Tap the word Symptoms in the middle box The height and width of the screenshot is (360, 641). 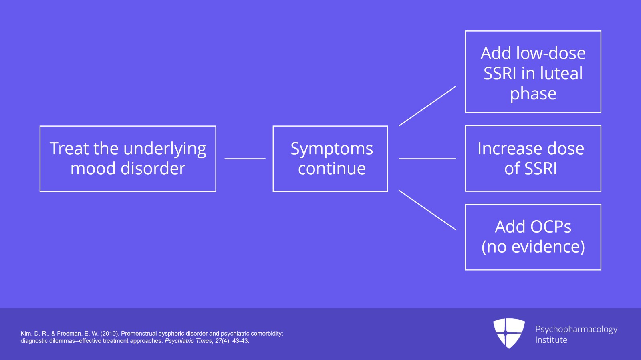(x=332, y=149)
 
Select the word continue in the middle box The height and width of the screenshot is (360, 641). (x=332, y=169)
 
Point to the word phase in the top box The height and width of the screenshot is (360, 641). (x=533, y=94)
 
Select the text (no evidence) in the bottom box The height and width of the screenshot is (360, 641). (x=533, y=247)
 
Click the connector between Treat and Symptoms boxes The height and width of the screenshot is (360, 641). (x=245, y=159)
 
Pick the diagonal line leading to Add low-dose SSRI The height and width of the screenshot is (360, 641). (x=427, y=106)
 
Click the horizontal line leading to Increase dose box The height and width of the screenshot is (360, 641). (x=427, y=159)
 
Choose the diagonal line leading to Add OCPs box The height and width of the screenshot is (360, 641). (x=427, y=210)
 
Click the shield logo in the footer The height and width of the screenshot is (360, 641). (x=509, y=333)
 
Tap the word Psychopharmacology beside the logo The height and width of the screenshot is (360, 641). (x=576, y=329)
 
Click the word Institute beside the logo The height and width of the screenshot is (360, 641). (x=551, y=340)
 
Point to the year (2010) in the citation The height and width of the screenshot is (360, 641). (x=110, y=333)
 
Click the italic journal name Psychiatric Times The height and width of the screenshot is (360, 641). (x=188, y=341)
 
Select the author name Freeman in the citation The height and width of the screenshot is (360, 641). (x=69, y=333)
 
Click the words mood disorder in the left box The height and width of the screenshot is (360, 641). (x=128, y=169)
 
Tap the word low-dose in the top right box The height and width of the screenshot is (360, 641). (x=551, y=53)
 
